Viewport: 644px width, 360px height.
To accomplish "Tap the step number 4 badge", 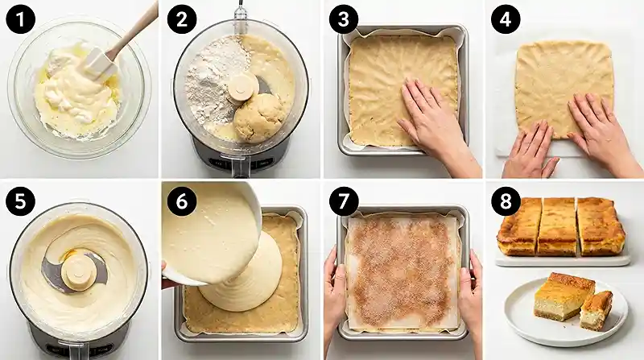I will click(x=506, y=19).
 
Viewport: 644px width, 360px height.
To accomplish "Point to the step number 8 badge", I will click(x=506, y=201).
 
